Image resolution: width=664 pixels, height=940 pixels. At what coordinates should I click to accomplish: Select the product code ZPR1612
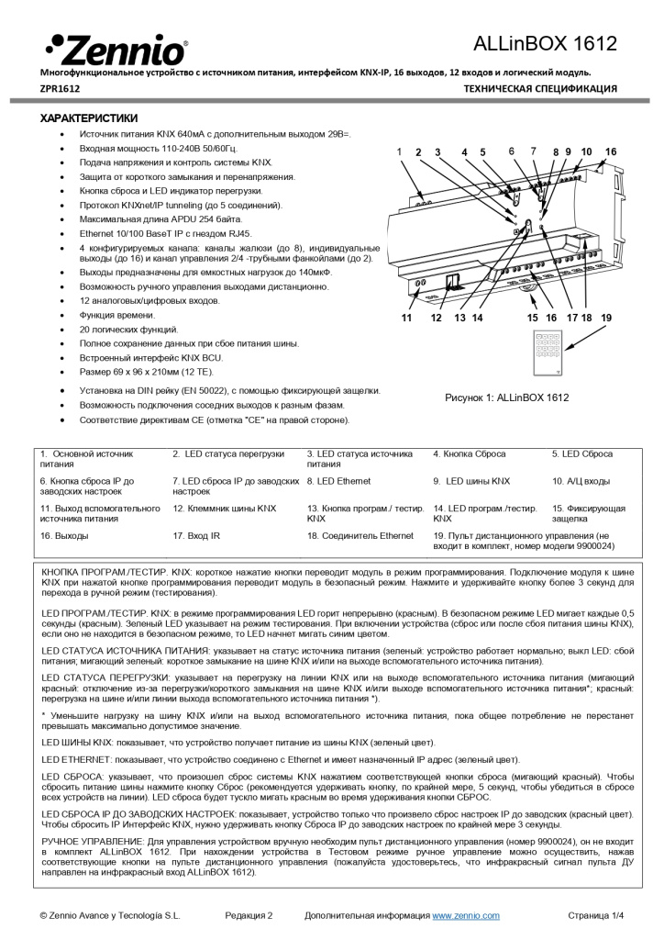(59, 89)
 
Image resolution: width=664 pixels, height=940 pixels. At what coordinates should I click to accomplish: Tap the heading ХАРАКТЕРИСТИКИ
(89, 118)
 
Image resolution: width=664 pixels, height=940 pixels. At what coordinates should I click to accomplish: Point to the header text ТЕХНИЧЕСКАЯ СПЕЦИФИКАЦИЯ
(540, 89)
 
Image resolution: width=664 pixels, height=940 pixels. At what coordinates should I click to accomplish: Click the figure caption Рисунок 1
(507, 397)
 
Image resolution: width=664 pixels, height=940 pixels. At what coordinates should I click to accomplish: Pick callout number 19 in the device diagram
(605, 317)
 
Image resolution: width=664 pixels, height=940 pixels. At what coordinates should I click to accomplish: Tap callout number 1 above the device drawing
(399, 151)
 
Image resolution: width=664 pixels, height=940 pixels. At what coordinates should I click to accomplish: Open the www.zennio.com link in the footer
(466, 915)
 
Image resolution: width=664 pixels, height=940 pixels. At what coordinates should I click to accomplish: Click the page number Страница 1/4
(595, 915)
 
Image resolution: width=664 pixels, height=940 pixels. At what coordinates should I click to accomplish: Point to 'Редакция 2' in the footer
(249, 915)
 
